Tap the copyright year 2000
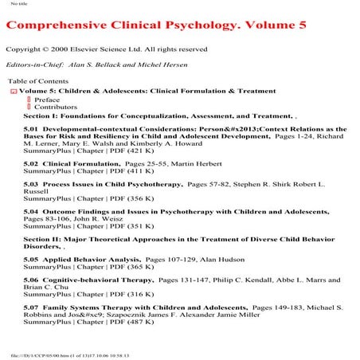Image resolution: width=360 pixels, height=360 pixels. pyautogui.click(x=61, y=49)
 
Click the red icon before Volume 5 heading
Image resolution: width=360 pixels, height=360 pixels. pyautogui.click(x=13, y=92)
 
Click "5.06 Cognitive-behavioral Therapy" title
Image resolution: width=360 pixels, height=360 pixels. pyautogui.click(x=88, y=280)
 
